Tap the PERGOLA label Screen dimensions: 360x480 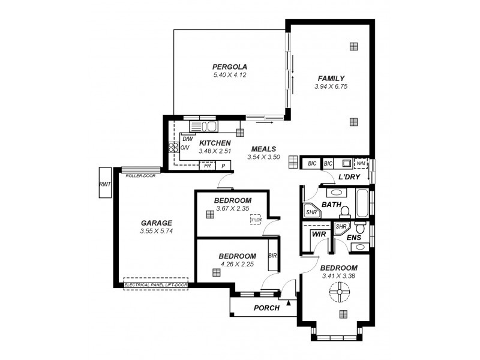230,67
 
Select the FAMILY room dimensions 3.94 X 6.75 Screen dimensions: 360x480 331,87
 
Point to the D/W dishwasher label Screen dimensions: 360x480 187,139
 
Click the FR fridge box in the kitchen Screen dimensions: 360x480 207,166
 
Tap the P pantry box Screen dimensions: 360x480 223,166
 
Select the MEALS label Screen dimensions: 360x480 263,149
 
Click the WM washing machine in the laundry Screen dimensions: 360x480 361,163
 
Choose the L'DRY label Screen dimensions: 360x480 349,177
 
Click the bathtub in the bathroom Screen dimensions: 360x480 363,204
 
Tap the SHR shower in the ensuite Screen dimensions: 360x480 341,227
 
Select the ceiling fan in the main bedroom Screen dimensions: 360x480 339,293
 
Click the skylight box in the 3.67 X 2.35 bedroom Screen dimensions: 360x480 256,220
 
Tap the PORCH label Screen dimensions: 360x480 266,308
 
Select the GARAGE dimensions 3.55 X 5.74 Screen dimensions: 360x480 156,231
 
